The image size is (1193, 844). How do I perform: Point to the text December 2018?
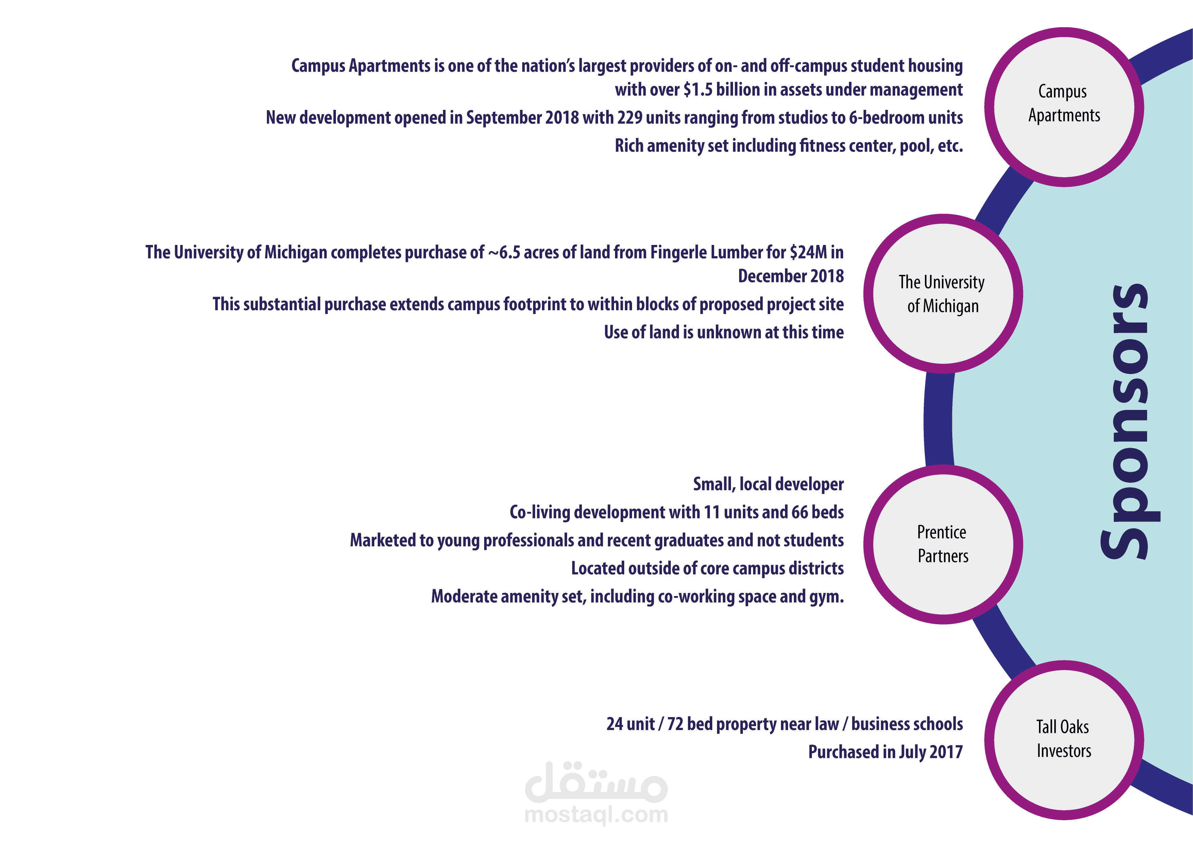pyautogui.click(x=791, y=276)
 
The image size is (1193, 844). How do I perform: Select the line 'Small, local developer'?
pyautogui.click(x=768, y=484)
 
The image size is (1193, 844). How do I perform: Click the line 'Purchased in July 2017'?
pyautogui.click(x=885, y=752)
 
